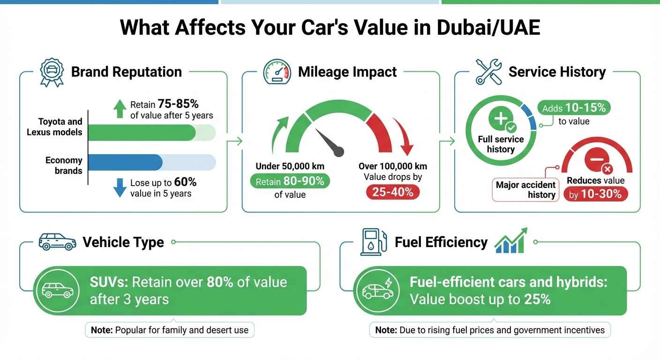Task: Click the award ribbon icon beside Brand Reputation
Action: click(52, 72)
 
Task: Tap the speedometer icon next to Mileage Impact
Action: click(277, 72)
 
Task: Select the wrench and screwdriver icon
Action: click(488, 72)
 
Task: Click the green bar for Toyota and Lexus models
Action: click(142, 133)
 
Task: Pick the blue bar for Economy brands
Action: click(125, 162)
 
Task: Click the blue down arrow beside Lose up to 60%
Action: click(120, 187)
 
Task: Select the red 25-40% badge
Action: click(393, 191)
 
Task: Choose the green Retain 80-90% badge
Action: click(290, 181)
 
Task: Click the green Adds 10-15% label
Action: click(574, 108)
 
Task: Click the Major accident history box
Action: click(525, 190)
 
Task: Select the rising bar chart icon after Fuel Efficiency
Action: click(511, 240)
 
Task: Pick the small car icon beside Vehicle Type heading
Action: click(57, 241)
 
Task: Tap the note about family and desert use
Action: click(170, 330)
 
